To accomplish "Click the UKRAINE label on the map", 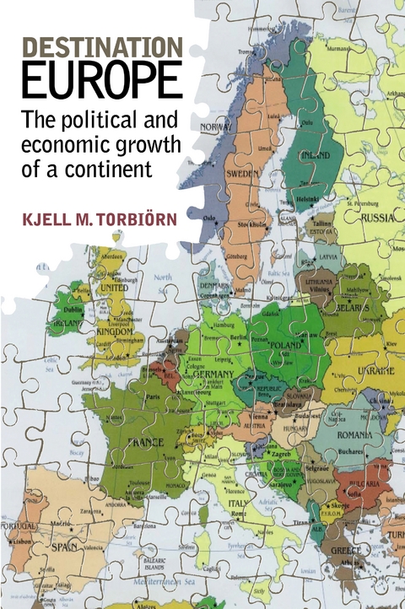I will click(375, 369).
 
